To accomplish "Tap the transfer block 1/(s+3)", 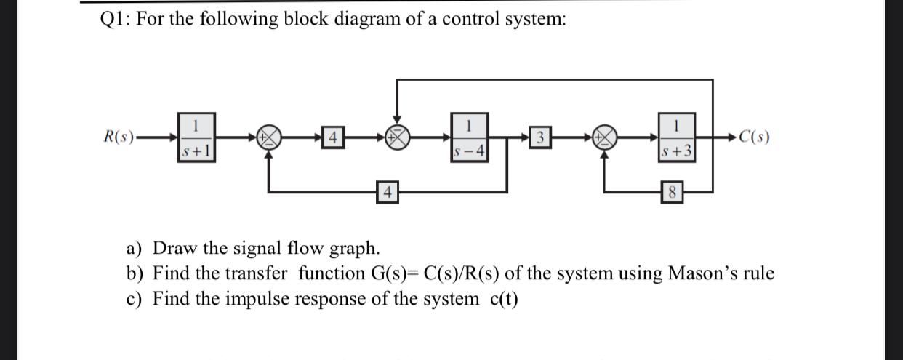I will click(x=678, y=137).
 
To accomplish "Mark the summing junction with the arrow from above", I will click(x=397, y=137).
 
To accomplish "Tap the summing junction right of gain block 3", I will click(x=605, y=137).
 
